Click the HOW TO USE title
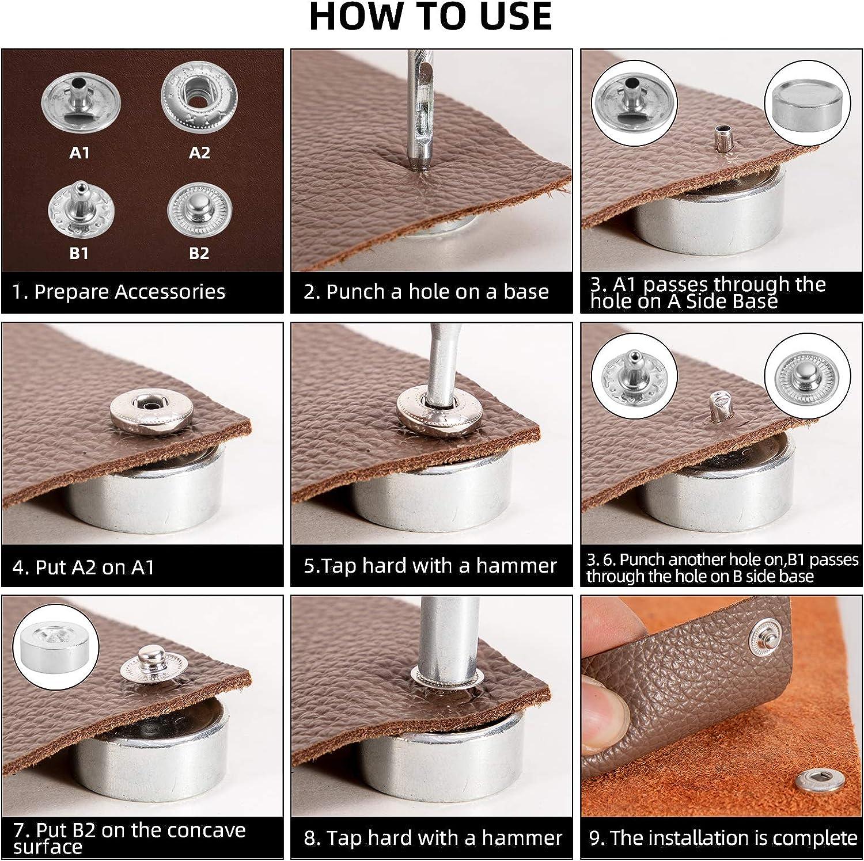[431, 17]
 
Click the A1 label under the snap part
[79, 153]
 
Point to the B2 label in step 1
[199, 253]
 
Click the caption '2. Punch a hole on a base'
[426, 292]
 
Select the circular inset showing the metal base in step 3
[807, 102]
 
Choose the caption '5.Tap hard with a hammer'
[430, 566]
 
